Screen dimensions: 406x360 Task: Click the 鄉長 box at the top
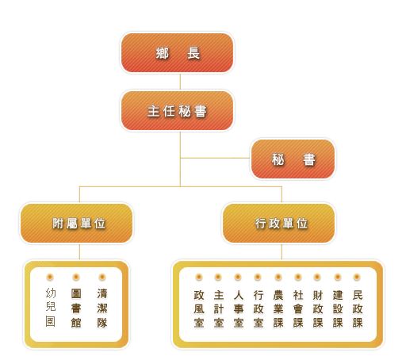(177, 53)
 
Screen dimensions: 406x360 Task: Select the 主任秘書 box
(177, 111)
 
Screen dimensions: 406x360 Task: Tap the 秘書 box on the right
(293, 159)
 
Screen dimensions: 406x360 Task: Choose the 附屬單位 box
(76, 224)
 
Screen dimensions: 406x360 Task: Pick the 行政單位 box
(279, 224)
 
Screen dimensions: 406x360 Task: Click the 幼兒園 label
(51, 308)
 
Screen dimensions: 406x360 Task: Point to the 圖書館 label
(76, 308)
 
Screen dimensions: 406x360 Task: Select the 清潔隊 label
(102, 308)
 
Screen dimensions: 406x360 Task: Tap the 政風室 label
(199, 308)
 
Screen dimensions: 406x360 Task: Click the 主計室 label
(219, 308)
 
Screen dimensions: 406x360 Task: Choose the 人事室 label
(239, 308)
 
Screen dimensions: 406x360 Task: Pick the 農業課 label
(278, 308)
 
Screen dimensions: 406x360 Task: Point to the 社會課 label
(298, 308)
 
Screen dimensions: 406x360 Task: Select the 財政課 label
(318, 308)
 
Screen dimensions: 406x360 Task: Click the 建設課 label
(338, 308)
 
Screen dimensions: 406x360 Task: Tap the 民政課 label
(358, 308)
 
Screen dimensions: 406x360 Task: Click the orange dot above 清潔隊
(102, 278)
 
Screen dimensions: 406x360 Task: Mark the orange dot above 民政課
(357, 278)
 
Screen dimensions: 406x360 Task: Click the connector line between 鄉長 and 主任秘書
(180, 82)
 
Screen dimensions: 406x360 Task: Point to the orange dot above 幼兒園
(50, 278)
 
